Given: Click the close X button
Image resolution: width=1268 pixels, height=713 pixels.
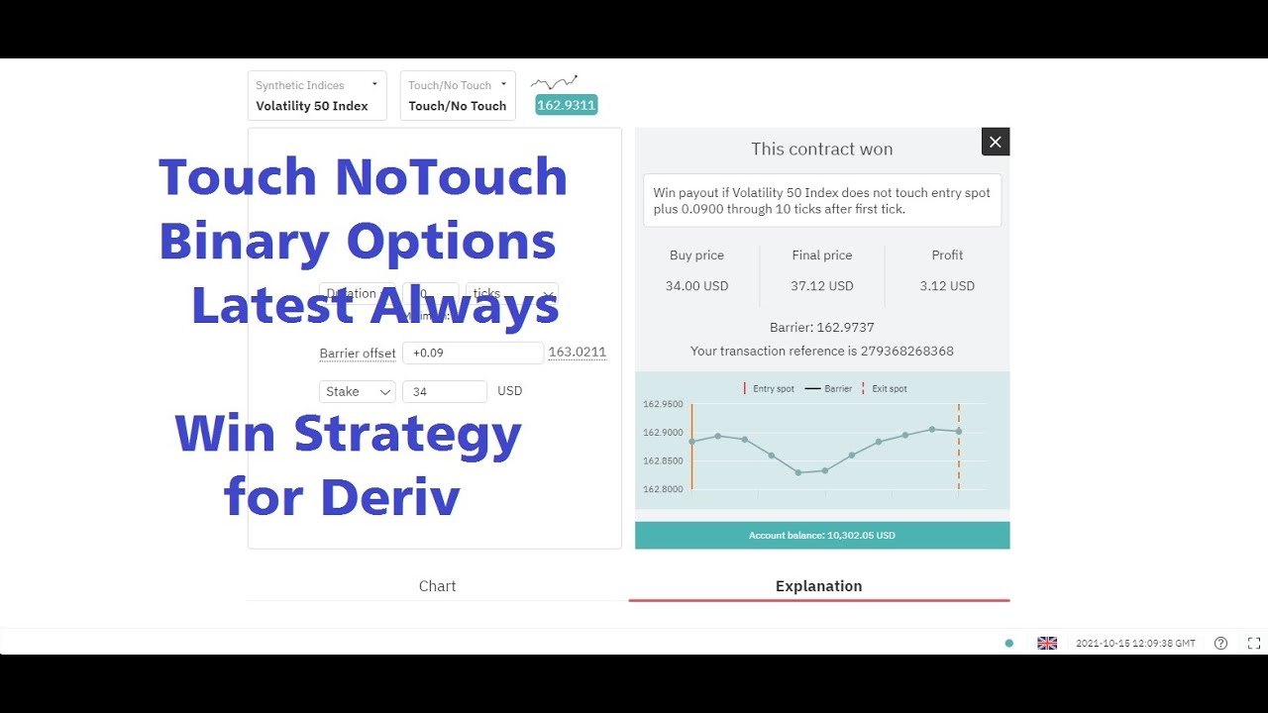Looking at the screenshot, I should coord(996,142).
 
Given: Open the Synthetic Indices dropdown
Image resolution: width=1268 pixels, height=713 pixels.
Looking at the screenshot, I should coord(317,96).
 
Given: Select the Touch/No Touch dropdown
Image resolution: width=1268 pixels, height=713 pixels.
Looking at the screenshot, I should coord(458,96).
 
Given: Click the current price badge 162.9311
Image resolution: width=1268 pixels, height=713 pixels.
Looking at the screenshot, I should coord(567,104).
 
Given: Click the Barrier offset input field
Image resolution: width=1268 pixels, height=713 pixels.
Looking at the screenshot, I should coord(473,353).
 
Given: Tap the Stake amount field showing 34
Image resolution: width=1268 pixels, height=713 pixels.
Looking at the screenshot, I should coord(445,391).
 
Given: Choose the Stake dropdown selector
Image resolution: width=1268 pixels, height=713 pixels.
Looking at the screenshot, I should coord(357,391).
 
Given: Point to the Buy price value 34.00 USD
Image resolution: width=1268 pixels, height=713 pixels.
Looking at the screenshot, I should coord(696,286).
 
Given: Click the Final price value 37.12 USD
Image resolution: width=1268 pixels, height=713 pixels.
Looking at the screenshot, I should coord(822,286).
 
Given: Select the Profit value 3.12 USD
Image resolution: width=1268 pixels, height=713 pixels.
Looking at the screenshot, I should coord(947,286).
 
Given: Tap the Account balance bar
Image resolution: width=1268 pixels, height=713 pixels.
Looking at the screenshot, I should coord(822,535).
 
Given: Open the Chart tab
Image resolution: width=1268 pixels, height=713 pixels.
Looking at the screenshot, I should coord(437,586).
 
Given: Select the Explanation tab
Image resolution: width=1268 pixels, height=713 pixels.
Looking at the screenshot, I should coord(818,586).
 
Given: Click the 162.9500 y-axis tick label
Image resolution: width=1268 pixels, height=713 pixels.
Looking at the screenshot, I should coord(663,404).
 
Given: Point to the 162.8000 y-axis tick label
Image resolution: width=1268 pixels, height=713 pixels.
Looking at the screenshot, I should coord(663,489).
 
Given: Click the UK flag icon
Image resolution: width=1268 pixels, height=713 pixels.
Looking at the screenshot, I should coord(1047,643).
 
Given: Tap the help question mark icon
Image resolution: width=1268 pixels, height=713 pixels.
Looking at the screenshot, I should coord(1220,643).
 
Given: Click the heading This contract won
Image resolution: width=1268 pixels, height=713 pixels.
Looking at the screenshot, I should coord(822,150).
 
